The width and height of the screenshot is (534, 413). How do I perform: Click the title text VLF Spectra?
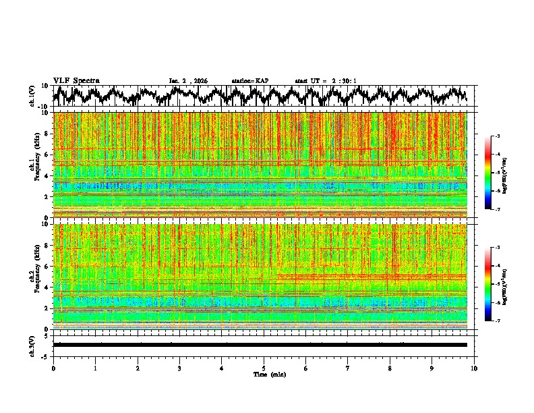76,80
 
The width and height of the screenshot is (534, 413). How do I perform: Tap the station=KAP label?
249,81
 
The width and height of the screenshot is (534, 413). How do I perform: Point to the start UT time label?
326,81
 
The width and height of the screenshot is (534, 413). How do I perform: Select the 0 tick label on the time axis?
53,368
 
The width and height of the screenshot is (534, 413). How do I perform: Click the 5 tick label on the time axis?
264,368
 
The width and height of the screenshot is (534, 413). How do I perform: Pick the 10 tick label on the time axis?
474,368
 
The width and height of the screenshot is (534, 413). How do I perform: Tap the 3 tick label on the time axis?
179,368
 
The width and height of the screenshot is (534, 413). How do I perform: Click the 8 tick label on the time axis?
390,368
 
